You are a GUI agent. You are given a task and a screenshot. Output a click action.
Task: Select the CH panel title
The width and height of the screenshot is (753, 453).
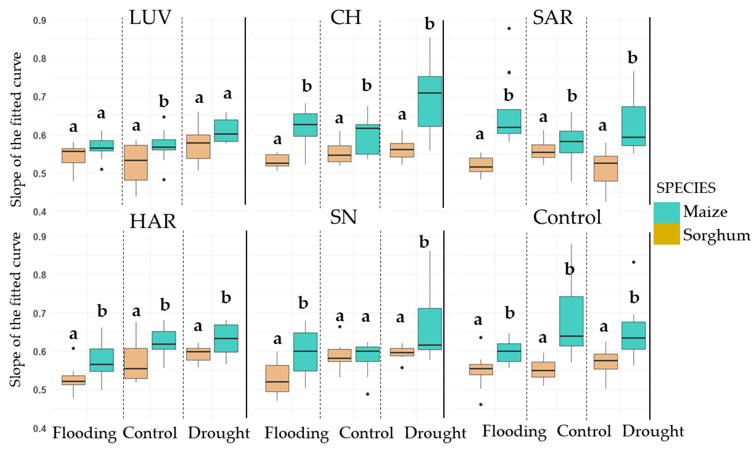pos(345,18)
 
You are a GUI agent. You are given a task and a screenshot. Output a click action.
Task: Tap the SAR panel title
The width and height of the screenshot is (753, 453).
pos(553,18)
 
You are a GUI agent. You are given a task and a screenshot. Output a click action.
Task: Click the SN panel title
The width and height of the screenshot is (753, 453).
pos(343,218)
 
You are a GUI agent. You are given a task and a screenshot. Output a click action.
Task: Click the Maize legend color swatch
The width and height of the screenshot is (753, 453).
pos(666,213)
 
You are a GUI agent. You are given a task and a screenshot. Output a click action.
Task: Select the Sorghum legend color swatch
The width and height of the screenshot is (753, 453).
pos(666,234)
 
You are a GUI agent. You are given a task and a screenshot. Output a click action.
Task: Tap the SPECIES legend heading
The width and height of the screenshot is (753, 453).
pos(686,188)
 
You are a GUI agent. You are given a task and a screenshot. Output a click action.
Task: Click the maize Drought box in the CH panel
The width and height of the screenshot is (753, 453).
pos(430,101)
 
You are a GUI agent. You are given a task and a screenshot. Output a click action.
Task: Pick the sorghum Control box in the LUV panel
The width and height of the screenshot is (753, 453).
pos(136,163)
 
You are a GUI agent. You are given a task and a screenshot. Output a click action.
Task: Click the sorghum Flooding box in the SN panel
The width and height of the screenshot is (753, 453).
pos(277,378)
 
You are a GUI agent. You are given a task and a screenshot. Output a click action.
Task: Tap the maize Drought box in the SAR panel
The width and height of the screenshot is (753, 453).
pos(634,126)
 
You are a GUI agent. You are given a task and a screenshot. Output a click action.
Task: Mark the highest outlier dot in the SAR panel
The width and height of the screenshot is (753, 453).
pos(509,28)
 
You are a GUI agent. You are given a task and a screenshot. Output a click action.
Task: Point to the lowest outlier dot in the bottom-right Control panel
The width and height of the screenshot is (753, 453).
pos(481,405)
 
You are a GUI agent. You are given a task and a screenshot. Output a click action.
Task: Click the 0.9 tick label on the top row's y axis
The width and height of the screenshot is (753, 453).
pos(39,21)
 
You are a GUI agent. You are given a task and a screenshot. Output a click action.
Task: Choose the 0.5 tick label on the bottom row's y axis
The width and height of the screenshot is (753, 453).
pos(39,390)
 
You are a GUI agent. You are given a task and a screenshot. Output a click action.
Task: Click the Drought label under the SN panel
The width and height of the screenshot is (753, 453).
pos(435,433)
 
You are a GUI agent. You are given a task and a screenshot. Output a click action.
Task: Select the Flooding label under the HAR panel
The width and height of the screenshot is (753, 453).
pos(84,433)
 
